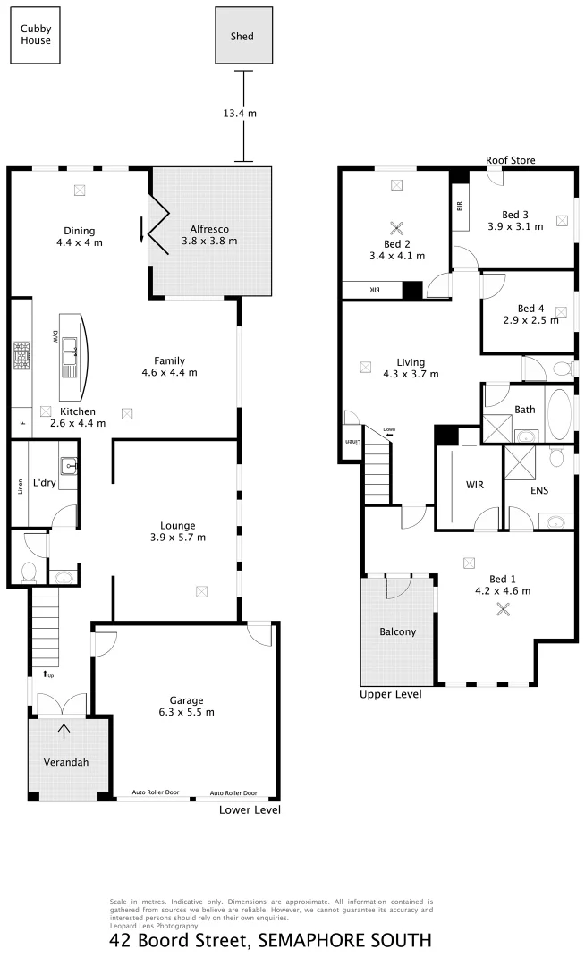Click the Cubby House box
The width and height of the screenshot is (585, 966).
37,35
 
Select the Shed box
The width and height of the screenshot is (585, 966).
242,37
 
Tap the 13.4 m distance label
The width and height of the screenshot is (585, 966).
240,114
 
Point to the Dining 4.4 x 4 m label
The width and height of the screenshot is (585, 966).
79,236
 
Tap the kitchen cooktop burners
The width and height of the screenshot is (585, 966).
21,358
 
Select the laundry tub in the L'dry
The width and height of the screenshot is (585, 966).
70,466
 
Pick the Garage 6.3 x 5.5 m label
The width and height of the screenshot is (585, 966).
187,706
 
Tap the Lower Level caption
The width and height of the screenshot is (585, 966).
250,809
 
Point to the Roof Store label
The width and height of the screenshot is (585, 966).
510,160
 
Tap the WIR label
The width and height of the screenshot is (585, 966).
474,485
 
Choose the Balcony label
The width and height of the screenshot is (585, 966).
397,631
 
